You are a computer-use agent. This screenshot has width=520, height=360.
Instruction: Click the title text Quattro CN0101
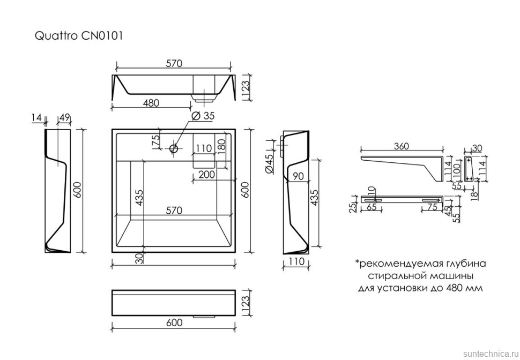pyautogui.click(x=79, y=36)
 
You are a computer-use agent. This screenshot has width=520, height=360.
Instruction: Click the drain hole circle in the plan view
pyautogui.click(x=174, y=148)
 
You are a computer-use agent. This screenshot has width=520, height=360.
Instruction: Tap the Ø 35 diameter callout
pyautogui.click(x=203, y=116)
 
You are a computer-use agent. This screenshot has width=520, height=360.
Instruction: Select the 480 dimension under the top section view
pyautogui.click(x=151, y=102)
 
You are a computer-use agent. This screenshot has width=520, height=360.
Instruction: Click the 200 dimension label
pyautogui.click(x=206, y=174)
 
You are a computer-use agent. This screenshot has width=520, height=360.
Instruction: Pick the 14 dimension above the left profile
pyautogui.click(x=36, y=117)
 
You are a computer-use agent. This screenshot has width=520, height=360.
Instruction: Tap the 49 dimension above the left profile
pyautogui.click(x=64, y=117)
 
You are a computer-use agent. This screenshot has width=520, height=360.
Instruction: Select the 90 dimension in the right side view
pyautogui.click(x=299, y=176)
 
